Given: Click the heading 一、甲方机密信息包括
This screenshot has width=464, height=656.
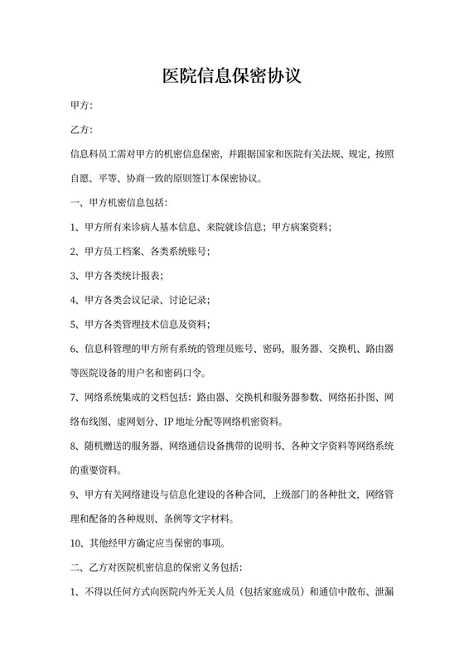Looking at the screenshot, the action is point(119,202).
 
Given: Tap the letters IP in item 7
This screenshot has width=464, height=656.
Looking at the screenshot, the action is point(169,422).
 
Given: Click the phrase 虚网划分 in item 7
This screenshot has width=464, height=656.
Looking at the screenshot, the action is point(140,422).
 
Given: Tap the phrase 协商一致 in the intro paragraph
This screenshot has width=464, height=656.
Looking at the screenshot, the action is point(144,178).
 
